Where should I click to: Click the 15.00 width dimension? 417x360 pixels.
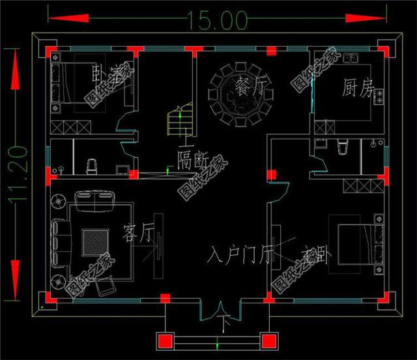(218, 19)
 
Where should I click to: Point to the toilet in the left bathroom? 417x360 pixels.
(92, 167)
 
